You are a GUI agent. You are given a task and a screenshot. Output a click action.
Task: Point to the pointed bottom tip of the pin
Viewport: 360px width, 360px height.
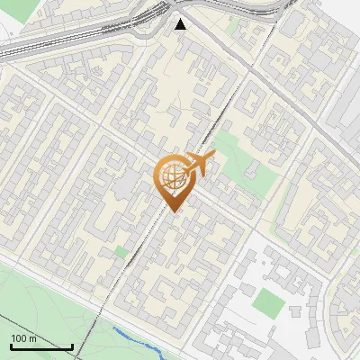pyautogui.click(x=175, y=211)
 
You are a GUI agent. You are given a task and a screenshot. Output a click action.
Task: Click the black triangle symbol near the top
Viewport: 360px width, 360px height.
pyautogui.click(x=181, y=24)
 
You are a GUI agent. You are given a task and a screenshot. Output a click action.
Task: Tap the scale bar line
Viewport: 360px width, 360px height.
pyautogui.click(x=40, y=346)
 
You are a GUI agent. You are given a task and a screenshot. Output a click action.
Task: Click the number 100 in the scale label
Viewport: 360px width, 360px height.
pyautogui.click(x=19, y=338)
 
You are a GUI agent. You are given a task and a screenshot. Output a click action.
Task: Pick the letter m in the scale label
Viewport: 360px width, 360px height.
pyautogui.click(x=32, y=338)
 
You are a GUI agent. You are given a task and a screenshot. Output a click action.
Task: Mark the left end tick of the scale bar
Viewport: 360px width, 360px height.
pyautogui.click(x=10, y=346)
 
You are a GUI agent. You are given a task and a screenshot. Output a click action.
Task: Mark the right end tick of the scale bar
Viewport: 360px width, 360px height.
pyautogui.click(x=72, y=346)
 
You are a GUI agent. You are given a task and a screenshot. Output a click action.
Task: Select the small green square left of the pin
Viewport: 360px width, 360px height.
pyautogui.click(x=121, y=253)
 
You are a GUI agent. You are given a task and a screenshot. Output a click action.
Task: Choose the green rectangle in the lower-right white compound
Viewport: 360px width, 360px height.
pyautogui.click(x=267, y=301)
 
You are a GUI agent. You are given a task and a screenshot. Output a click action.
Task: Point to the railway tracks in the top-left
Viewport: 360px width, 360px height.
pyautogui.click(x=54, y=40)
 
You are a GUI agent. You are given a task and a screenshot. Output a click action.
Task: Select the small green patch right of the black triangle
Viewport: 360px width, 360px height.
pyautogui.click(x=232, y=27)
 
